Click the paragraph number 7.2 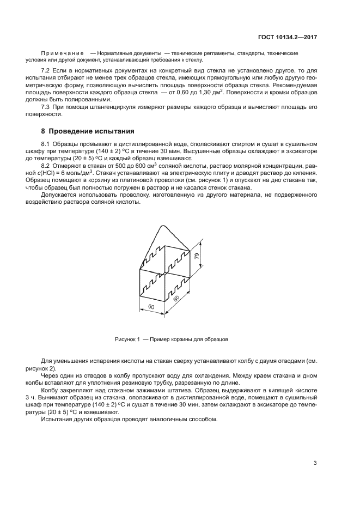(x=46, y=71)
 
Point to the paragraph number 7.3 (x=46, y=107)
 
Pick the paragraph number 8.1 (x=46, y=143)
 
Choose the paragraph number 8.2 (x=46, y=165)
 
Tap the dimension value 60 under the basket (x=151, y=308)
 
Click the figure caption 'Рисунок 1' (x=127, y=339)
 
